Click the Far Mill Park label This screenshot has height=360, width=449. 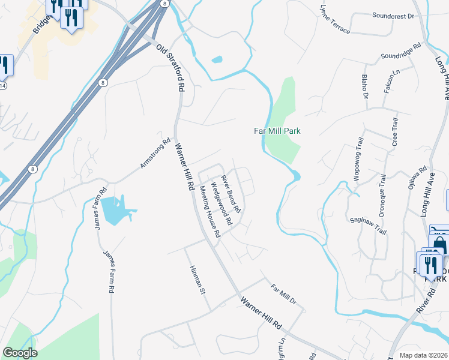(x=276, y=131)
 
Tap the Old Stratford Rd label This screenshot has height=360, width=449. (x=170, y=67)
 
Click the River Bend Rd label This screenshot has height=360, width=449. (x=231, y=194)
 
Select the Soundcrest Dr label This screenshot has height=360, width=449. (x=393, y=16)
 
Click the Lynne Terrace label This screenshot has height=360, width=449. (x=335, y=20)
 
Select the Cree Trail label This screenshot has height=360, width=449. (x=395, y=133)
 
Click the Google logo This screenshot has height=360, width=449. (x=20, y=353)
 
